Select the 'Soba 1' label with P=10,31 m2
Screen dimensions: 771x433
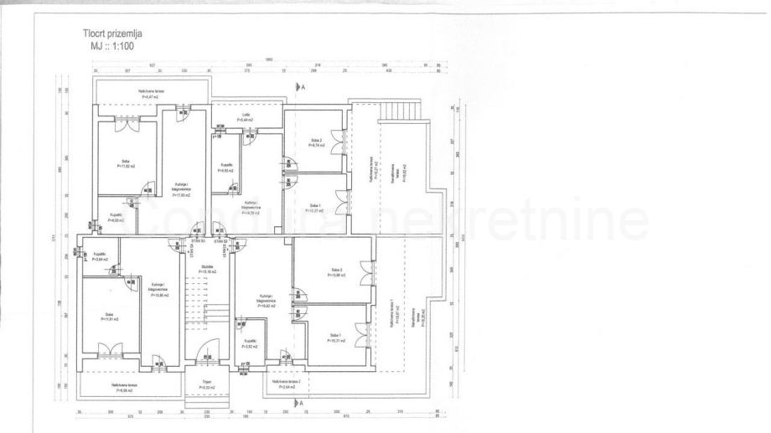coord(337,339)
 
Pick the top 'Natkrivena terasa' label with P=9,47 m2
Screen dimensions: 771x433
coord(150,93)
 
